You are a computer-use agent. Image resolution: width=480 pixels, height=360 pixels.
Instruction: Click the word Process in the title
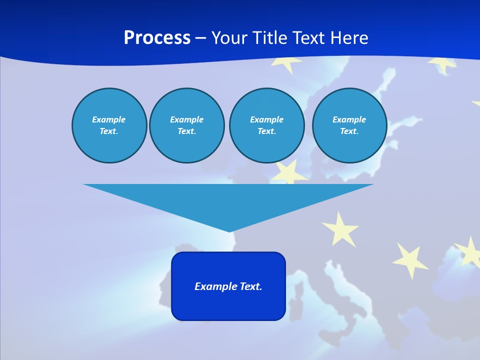[x=157, y=38]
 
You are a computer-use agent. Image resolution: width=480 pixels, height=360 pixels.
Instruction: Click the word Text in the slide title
[x=308, y=38]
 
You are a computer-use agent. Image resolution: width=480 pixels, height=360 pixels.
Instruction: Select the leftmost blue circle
[x=109, y=125]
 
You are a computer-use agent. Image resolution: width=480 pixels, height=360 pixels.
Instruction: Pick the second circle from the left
[x=186, y=125]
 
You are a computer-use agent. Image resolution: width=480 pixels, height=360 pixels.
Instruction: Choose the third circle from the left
[x=266, y=125]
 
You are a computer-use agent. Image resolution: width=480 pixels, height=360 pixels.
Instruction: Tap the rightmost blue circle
[x=349, y=125]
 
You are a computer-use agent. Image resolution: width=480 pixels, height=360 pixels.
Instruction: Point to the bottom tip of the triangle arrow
[x=229, y=230]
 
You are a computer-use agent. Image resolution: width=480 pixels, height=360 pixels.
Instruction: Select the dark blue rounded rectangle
[x=228, y=286]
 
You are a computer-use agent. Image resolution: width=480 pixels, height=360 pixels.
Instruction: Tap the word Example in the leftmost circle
[x=109, y=119]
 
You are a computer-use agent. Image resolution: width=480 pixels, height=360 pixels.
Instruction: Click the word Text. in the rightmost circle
[x=349, y=131]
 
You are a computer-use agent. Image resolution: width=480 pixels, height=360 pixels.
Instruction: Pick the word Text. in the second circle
[x=186, y=131]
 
